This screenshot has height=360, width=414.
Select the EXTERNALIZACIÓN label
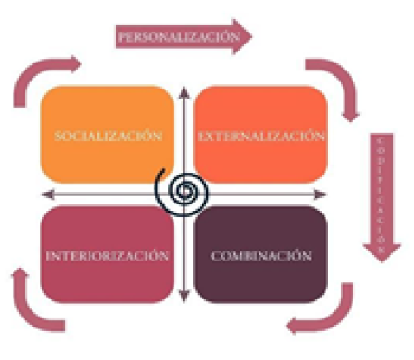260,136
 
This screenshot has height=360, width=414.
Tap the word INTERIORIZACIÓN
107,255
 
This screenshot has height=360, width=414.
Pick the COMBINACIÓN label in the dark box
260,255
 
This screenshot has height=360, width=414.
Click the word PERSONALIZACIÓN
172,37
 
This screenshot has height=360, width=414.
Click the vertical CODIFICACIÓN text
383,190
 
